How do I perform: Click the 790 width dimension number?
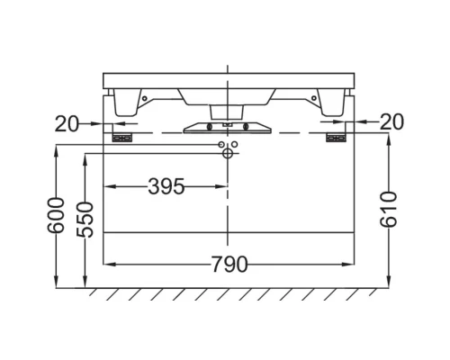pos(229,265)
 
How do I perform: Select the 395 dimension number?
pos(166,186)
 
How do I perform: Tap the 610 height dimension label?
pos(389,210)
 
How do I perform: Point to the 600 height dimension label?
pos(56,215)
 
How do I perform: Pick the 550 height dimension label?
pos(85,220)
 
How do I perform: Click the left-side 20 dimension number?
pos(67,124)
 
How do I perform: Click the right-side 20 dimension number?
pos(391,121)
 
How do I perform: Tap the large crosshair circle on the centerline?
pos(228,153)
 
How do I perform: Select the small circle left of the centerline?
pos(221,145)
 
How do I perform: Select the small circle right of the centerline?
pos(235,145)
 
